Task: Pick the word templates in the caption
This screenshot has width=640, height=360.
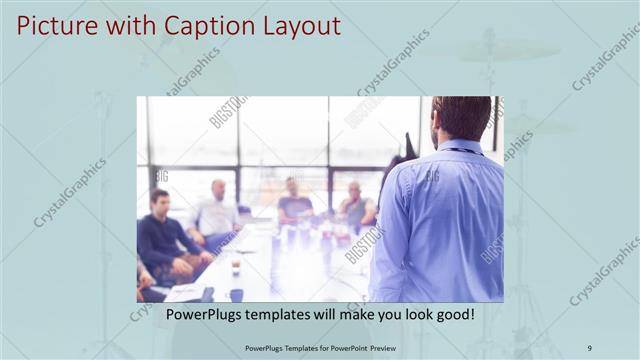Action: click(x=291, y=315)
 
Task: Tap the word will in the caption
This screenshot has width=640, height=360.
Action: click(x=344, y=315)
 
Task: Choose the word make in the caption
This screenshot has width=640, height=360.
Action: click(x=379, y=315)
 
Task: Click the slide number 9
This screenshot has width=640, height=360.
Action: click(x=590, y=348)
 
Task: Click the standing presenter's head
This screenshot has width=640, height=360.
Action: click(x=461, y=118)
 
